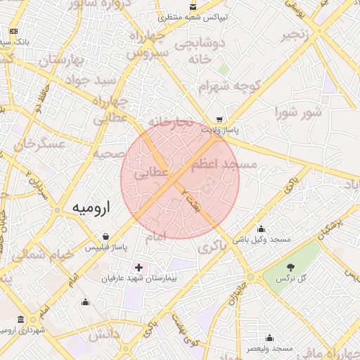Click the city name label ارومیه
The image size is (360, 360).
92,209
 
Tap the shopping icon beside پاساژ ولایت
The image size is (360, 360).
220,120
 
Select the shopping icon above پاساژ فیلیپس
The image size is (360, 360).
105,236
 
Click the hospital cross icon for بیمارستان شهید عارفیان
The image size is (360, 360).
139,267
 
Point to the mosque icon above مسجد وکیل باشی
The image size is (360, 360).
262,229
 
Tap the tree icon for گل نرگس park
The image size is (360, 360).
290,267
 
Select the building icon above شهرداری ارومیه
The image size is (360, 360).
21,319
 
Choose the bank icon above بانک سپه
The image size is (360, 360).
13,32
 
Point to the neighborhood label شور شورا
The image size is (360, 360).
298,111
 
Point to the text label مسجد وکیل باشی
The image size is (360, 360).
262,240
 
